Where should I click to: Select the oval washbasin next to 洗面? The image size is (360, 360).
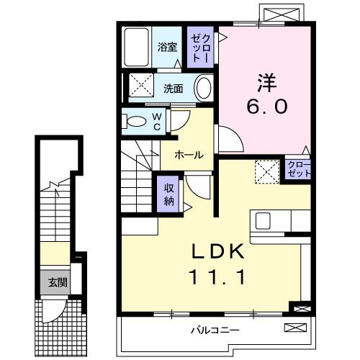coord(204,89)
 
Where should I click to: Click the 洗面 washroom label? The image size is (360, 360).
coord(173,89)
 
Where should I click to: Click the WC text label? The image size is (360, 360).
coord(156,122)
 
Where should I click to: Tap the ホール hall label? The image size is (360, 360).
coord(187,154)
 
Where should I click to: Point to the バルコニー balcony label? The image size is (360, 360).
coord(215,330)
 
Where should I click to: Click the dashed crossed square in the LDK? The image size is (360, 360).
coord(267,171)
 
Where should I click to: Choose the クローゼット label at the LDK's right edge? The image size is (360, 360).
coord(298,171)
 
